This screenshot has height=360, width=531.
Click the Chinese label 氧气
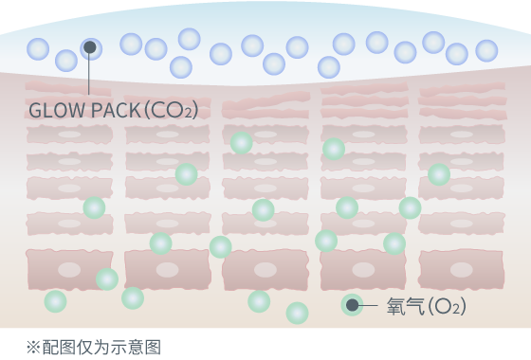coord(405,306)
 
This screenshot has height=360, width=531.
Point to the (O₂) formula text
coord(448,306)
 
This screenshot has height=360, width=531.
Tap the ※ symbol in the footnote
coord(33,347)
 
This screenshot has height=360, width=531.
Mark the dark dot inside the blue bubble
coord(90,47)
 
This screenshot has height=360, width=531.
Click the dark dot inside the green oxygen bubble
coord(352,305)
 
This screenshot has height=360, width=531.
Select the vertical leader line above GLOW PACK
coord(89,76)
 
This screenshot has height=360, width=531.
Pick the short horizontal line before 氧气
coord(369,305)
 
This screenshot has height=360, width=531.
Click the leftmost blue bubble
coord(38,49)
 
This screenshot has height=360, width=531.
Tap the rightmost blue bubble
coord(486,51)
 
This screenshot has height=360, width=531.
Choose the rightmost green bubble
coord(439,174)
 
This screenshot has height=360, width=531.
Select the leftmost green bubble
coord(55,301)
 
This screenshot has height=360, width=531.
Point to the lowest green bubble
coord(297,313)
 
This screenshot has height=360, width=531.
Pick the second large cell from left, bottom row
coord(167,270)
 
